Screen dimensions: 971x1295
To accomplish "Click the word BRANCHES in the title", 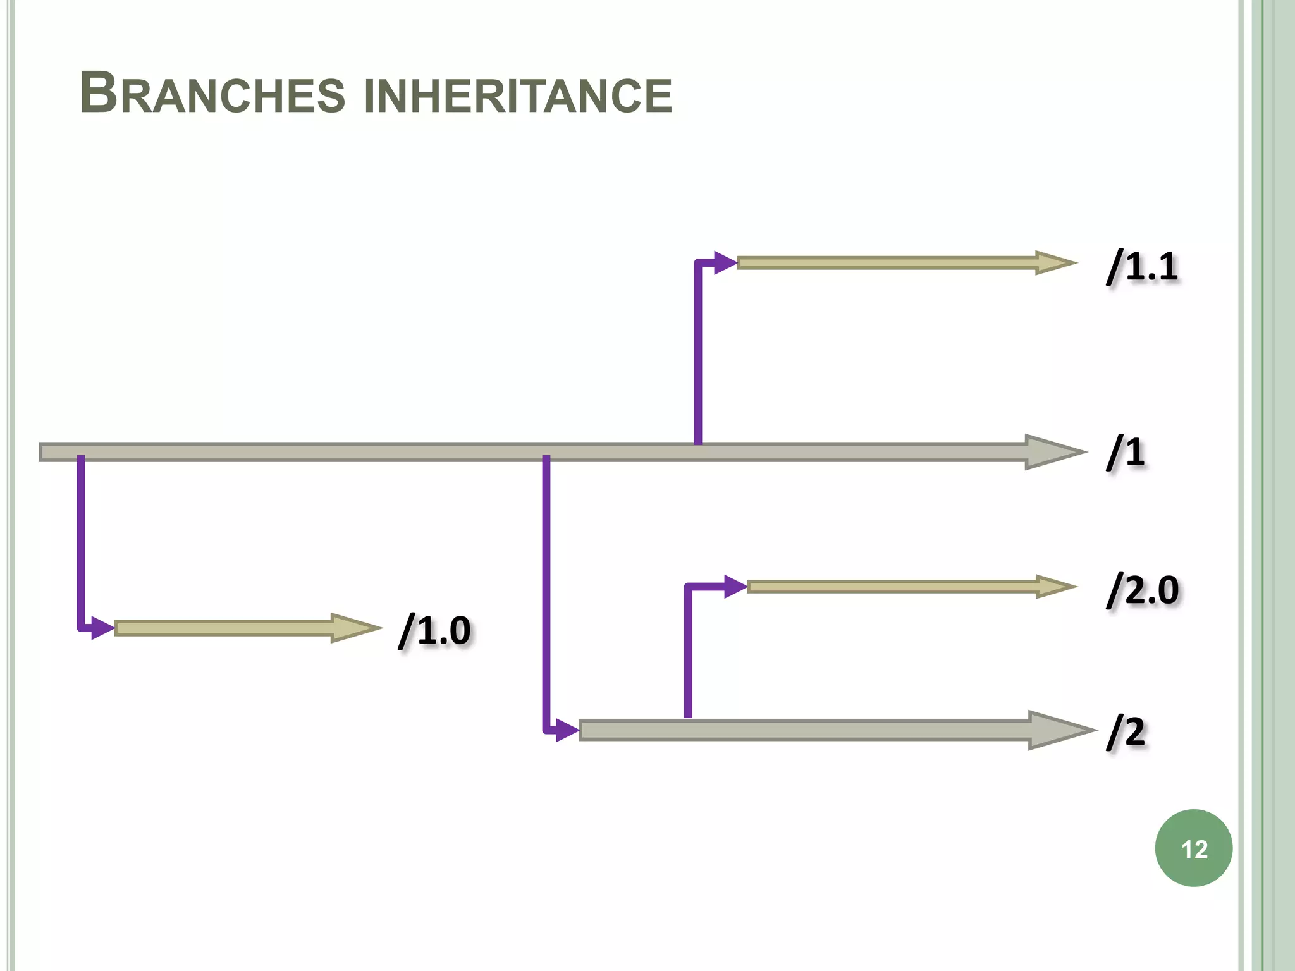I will tap(212, 94).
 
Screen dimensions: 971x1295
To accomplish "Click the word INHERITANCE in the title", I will tap(518, 96).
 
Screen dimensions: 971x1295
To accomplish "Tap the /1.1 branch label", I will tap(1142, 266).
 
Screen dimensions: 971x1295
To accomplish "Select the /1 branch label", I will tap(1126, 452).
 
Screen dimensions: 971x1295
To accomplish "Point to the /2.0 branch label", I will tap(1143, 590).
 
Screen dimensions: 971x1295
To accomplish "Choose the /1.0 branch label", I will tap(435, 630).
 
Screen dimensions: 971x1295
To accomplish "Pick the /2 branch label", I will tap(1126, 732).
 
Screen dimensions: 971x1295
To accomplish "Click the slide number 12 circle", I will tap(1193, 848).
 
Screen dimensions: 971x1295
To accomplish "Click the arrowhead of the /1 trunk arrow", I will tap(1053, 452).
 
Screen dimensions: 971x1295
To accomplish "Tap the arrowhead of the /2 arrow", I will tap(1059, 731).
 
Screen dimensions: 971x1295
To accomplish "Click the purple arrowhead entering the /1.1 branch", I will tap(725, 262).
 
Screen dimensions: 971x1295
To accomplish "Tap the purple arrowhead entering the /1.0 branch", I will tap(102, 628).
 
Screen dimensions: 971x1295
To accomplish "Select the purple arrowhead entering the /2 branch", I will tap(567, 731).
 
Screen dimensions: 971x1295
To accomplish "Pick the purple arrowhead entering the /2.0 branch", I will tap(735, 587).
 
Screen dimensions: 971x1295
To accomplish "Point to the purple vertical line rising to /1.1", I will tap(698, 354).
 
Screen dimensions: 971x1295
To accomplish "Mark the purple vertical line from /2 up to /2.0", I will tap(688, 651).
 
